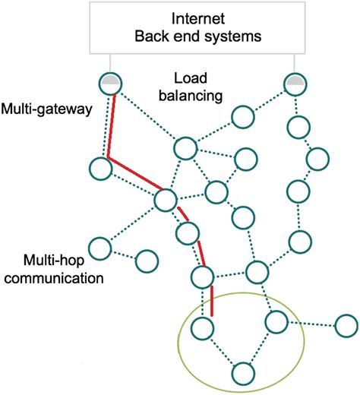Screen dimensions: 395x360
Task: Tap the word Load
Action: coord(188,79)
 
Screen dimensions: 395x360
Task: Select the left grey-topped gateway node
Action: coord(111,83)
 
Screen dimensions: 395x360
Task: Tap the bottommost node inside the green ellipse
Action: coord(242,372)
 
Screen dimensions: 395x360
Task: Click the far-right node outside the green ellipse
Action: coord(345,327)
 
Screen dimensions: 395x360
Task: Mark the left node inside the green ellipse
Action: coord(201,327)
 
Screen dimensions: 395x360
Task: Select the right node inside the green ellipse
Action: coord(276,321)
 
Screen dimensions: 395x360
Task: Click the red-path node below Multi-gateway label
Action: coord(99,167)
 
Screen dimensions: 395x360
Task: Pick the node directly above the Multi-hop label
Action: coord(99,247)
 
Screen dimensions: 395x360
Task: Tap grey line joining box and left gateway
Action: coord(111,64)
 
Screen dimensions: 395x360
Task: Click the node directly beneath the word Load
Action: coord(186,147)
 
